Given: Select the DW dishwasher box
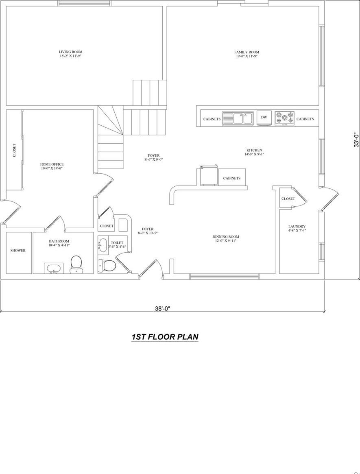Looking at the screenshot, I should tap(264, 118).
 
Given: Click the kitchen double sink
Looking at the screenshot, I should tap(238, 118).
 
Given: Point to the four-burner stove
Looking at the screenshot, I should tap(284, 118).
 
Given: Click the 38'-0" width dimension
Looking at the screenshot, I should tap(162, 308).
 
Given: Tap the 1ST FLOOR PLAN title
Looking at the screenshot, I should tap(165, 337).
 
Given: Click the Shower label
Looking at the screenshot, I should tap(18, 251).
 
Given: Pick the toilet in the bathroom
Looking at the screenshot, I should tap(76, 264).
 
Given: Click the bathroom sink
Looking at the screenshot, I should tap(53, 269).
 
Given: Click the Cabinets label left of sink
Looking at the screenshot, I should tap(212, 119).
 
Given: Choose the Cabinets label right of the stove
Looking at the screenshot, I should tap(305, 119).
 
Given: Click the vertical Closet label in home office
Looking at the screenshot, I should tap(14, 151).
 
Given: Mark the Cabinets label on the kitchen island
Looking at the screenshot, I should tap(231, 178).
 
